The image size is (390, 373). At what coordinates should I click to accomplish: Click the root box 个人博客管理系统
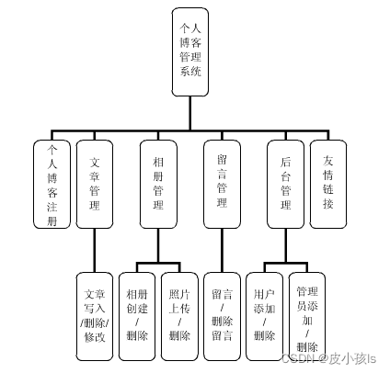[190, 51]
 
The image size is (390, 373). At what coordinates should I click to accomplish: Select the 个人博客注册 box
[52, 184]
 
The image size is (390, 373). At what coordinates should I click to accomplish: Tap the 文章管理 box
[95, 184]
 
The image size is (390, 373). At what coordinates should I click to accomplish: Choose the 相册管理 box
[158, 184]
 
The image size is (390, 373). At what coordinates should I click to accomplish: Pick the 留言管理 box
[222, 184]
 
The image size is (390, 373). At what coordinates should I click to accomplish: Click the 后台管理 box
[285, 184]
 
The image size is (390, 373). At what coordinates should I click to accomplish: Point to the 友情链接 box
[328, 184]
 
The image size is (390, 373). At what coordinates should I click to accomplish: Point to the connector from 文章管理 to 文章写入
[95, 249]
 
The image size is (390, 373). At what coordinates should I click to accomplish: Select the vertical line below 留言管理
[222, 249]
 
